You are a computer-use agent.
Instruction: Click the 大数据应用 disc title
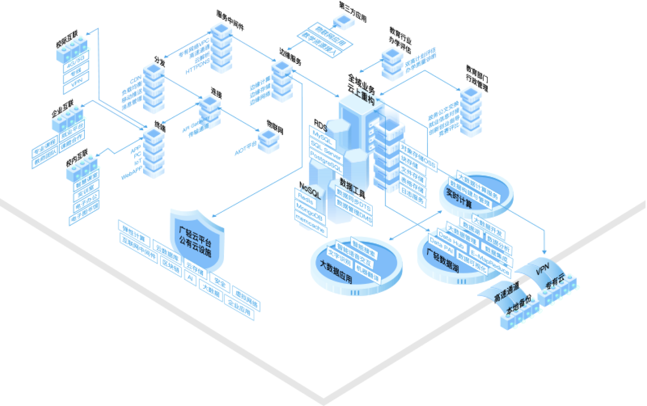(x=336, y=271)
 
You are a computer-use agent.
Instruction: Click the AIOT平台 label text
(x=246, y=149)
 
